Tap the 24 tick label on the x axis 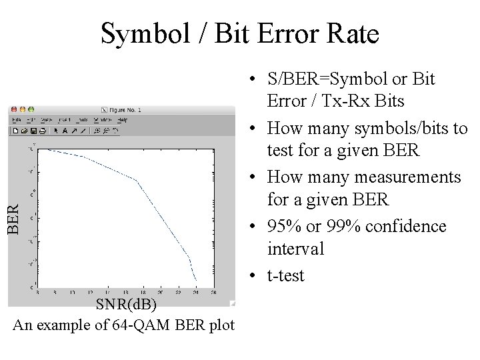[195, 292]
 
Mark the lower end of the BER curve [196, 281]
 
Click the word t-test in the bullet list [285, 275]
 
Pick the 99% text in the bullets [339, 226]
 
